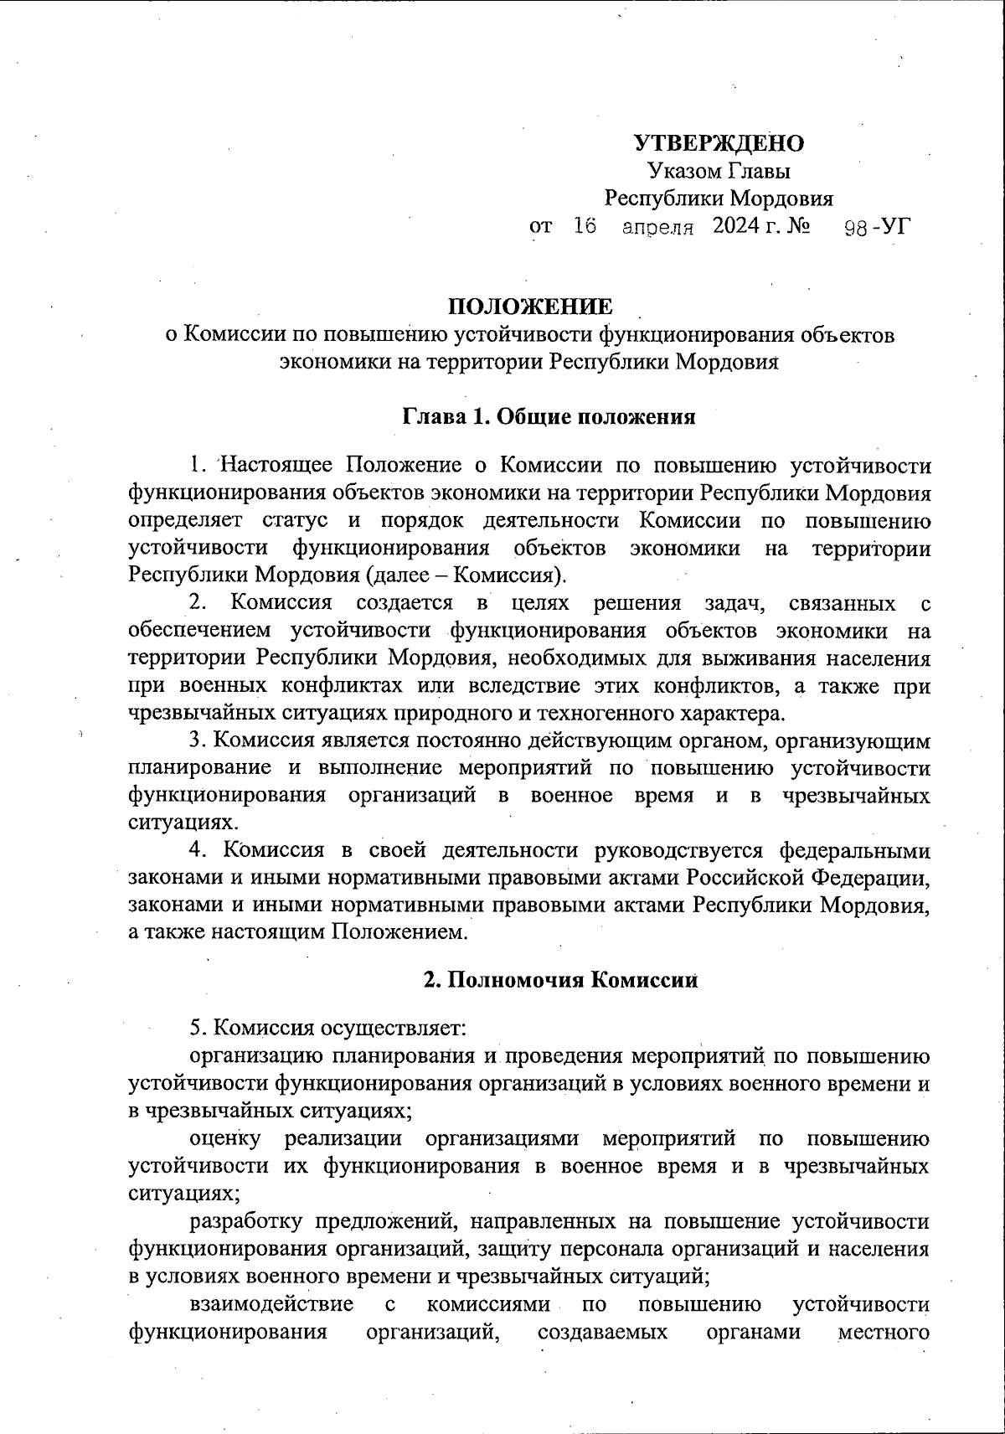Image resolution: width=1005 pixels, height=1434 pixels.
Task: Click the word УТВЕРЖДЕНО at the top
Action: (719, 143)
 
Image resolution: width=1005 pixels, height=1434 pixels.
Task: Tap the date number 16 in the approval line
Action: (585, 226)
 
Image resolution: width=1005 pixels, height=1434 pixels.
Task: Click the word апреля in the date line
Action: (658, 227)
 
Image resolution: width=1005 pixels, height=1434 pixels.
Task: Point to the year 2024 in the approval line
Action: (734, 226)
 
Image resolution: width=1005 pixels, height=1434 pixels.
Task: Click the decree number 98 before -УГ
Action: (855, 227)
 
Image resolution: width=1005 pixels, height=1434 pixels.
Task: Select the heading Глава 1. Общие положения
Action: (549, 416)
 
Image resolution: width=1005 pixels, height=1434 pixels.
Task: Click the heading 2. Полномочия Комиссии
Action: (560, 980)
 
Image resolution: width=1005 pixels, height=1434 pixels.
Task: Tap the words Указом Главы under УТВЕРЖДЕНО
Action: (719, 171)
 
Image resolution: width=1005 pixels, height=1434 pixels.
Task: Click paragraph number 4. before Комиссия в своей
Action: (198, 850)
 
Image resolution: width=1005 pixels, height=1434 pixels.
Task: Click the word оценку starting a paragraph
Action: (226, 1138)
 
